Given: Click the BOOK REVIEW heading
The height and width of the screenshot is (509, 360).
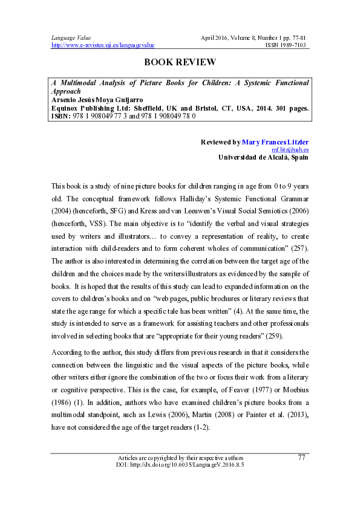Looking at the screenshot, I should pos(180,62).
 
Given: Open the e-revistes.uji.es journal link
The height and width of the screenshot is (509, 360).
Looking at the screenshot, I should pos(103,45).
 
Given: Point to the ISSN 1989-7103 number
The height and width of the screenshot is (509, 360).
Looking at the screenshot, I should pos(287,45).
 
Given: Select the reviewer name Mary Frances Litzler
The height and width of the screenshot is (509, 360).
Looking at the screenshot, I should pos(275,142).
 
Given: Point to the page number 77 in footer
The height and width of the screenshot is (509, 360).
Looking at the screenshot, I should pos(302,458).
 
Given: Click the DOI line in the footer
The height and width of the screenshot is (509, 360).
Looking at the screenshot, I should pos(180,465).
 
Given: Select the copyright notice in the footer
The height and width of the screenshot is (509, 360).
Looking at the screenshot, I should pos(180,458).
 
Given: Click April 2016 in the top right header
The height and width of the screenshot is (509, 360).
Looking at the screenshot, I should pos(215,37).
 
